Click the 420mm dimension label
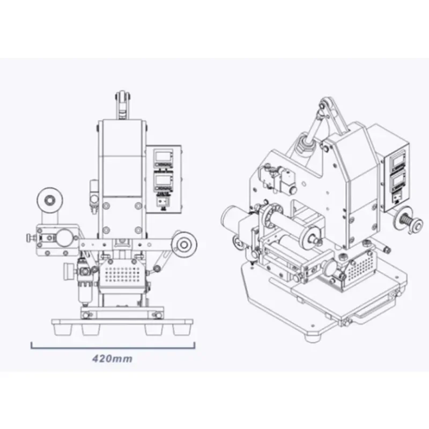click(x=111, y=358)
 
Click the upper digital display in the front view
click(x=161, y=157)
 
